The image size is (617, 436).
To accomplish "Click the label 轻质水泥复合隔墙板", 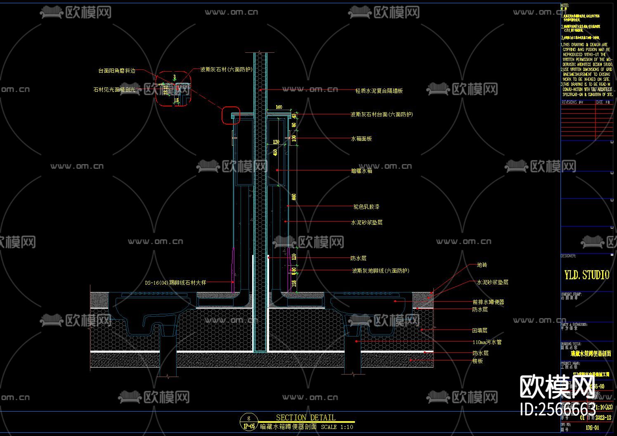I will [379, 91].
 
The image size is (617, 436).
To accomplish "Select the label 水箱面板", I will [361, 139].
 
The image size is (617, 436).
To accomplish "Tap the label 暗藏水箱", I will [361, 170].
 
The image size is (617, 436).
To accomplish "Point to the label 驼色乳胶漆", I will [366, 207].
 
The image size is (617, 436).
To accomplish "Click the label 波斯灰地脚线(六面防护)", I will [380, 271].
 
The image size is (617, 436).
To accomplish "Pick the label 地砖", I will [482, 265].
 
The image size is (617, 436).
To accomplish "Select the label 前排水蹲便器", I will [488, 302].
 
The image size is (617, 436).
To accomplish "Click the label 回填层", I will [480, 330].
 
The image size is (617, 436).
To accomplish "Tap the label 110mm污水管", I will [487, 342].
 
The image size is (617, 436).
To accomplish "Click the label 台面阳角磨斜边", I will [116, 71].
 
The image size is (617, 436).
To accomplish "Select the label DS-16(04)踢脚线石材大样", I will [175, 283].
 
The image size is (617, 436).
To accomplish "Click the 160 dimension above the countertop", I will [279, 107].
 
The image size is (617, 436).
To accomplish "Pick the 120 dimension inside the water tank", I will [276, 142].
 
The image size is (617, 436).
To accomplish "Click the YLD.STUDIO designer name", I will [586, 275].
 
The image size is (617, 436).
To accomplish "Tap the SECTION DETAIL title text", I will [305, 417].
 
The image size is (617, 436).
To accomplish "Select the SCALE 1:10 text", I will [337, 427].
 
